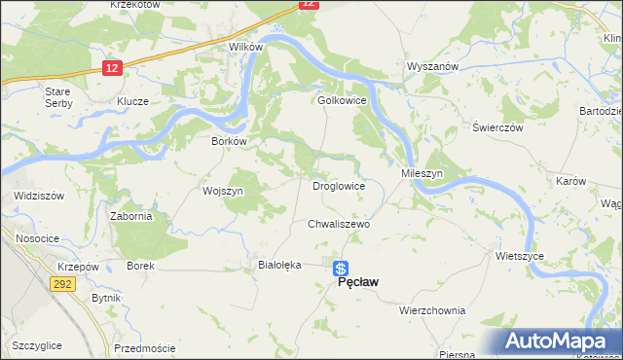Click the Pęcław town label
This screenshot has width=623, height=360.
tap(357, 282)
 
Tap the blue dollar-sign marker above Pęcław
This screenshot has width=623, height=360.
tap(340, 268)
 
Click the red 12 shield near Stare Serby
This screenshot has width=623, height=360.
tap(113, 67)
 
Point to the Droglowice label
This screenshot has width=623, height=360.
tap(338, 185)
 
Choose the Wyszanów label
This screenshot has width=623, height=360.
tap(431, 66)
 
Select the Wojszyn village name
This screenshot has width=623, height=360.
tap(222, 192)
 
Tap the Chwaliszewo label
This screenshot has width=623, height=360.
tap(339, 223)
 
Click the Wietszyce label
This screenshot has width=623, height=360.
tap(519, 256)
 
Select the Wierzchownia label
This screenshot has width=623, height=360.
tap(432, 310)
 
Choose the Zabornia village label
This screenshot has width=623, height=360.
tap(130, 216)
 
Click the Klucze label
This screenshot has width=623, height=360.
tap(132, 101)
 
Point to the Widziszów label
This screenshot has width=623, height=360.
tap(39, 196)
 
